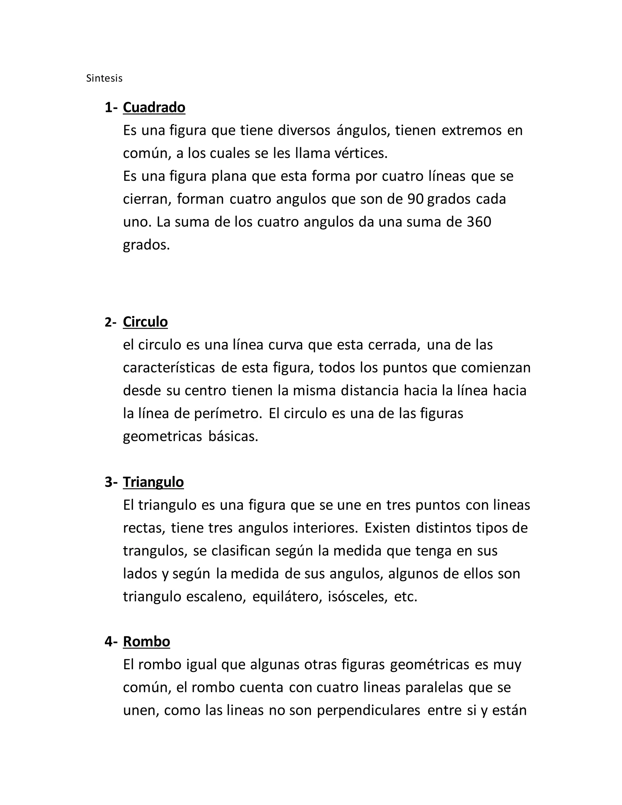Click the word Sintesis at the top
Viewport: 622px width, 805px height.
(104, 78)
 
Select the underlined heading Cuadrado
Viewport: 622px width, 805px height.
(154, 108)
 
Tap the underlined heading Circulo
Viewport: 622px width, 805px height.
(145, 322)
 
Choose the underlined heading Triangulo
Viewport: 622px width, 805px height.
(153, 482)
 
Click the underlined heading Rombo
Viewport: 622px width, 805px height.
(146, 642)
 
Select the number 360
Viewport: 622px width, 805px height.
(479, 222)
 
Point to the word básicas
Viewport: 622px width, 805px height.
(233, 437)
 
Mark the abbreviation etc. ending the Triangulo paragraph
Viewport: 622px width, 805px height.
(405, 597)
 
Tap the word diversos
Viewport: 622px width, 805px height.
(304, 131)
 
